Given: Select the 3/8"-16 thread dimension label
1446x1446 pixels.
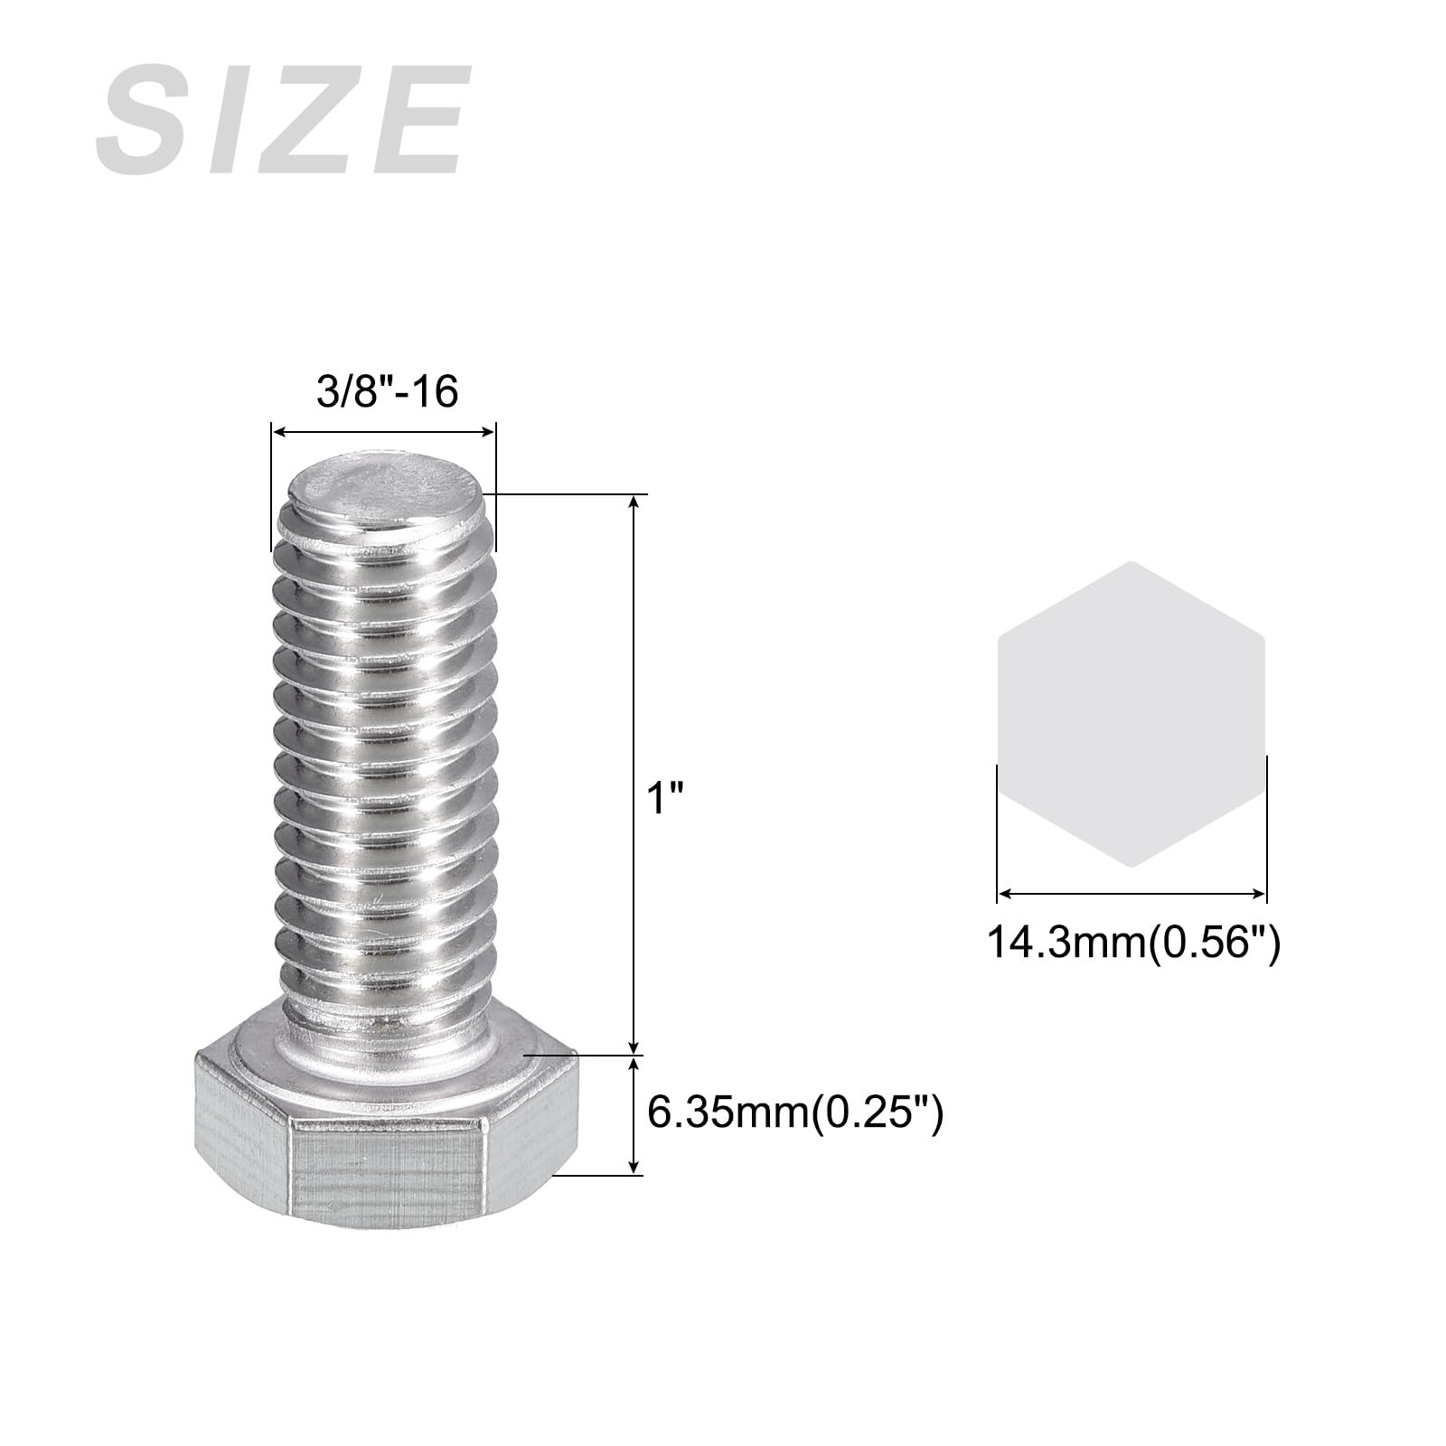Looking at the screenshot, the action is tap(388, 391).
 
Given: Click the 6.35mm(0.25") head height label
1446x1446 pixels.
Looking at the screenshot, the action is tap(796, 1113).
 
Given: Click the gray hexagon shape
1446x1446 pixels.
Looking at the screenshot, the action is tap(1131, 714).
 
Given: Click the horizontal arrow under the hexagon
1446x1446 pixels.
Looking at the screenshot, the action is tap(1131, 893).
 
